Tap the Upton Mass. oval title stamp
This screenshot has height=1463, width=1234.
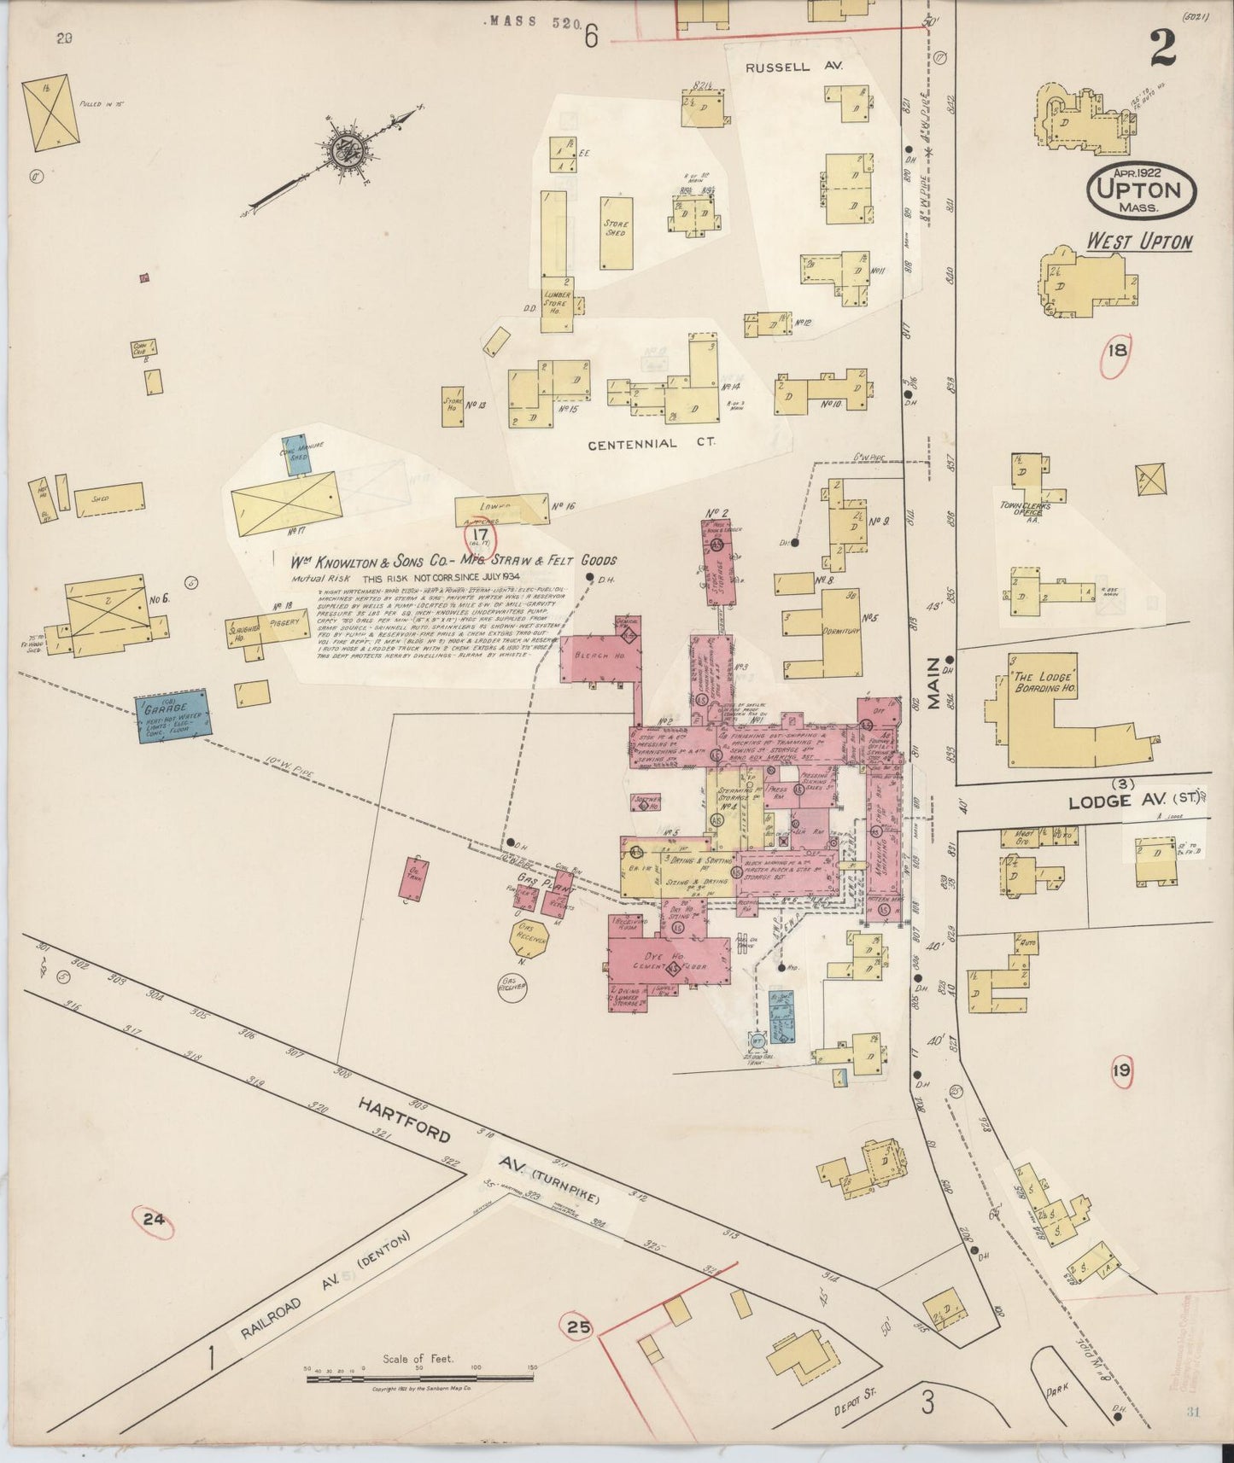coord(1139,191)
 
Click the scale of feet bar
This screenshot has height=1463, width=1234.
coord(418,1372)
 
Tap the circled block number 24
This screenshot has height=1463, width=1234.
coord(154,1220)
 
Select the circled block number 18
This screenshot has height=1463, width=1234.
coord(1117,350)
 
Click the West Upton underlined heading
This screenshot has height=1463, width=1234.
coord(1138,242)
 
